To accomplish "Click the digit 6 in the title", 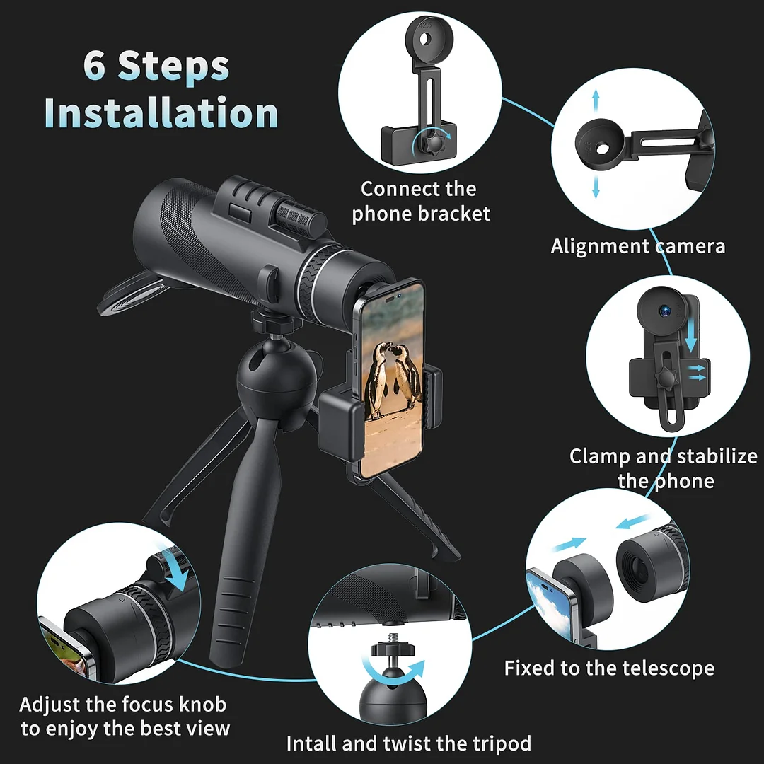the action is click(94, 65).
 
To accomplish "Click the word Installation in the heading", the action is click(161, 112).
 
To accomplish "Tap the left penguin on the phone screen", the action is click(377, 380).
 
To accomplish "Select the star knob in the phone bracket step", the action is click(432, 142).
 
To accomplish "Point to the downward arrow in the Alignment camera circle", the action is click(596, 187).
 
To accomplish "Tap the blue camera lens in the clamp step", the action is click(665, 310).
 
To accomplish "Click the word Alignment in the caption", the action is click(601, 247).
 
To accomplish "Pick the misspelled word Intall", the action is click(311, 743).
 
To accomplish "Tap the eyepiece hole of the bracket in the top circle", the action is click(425, 38).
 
